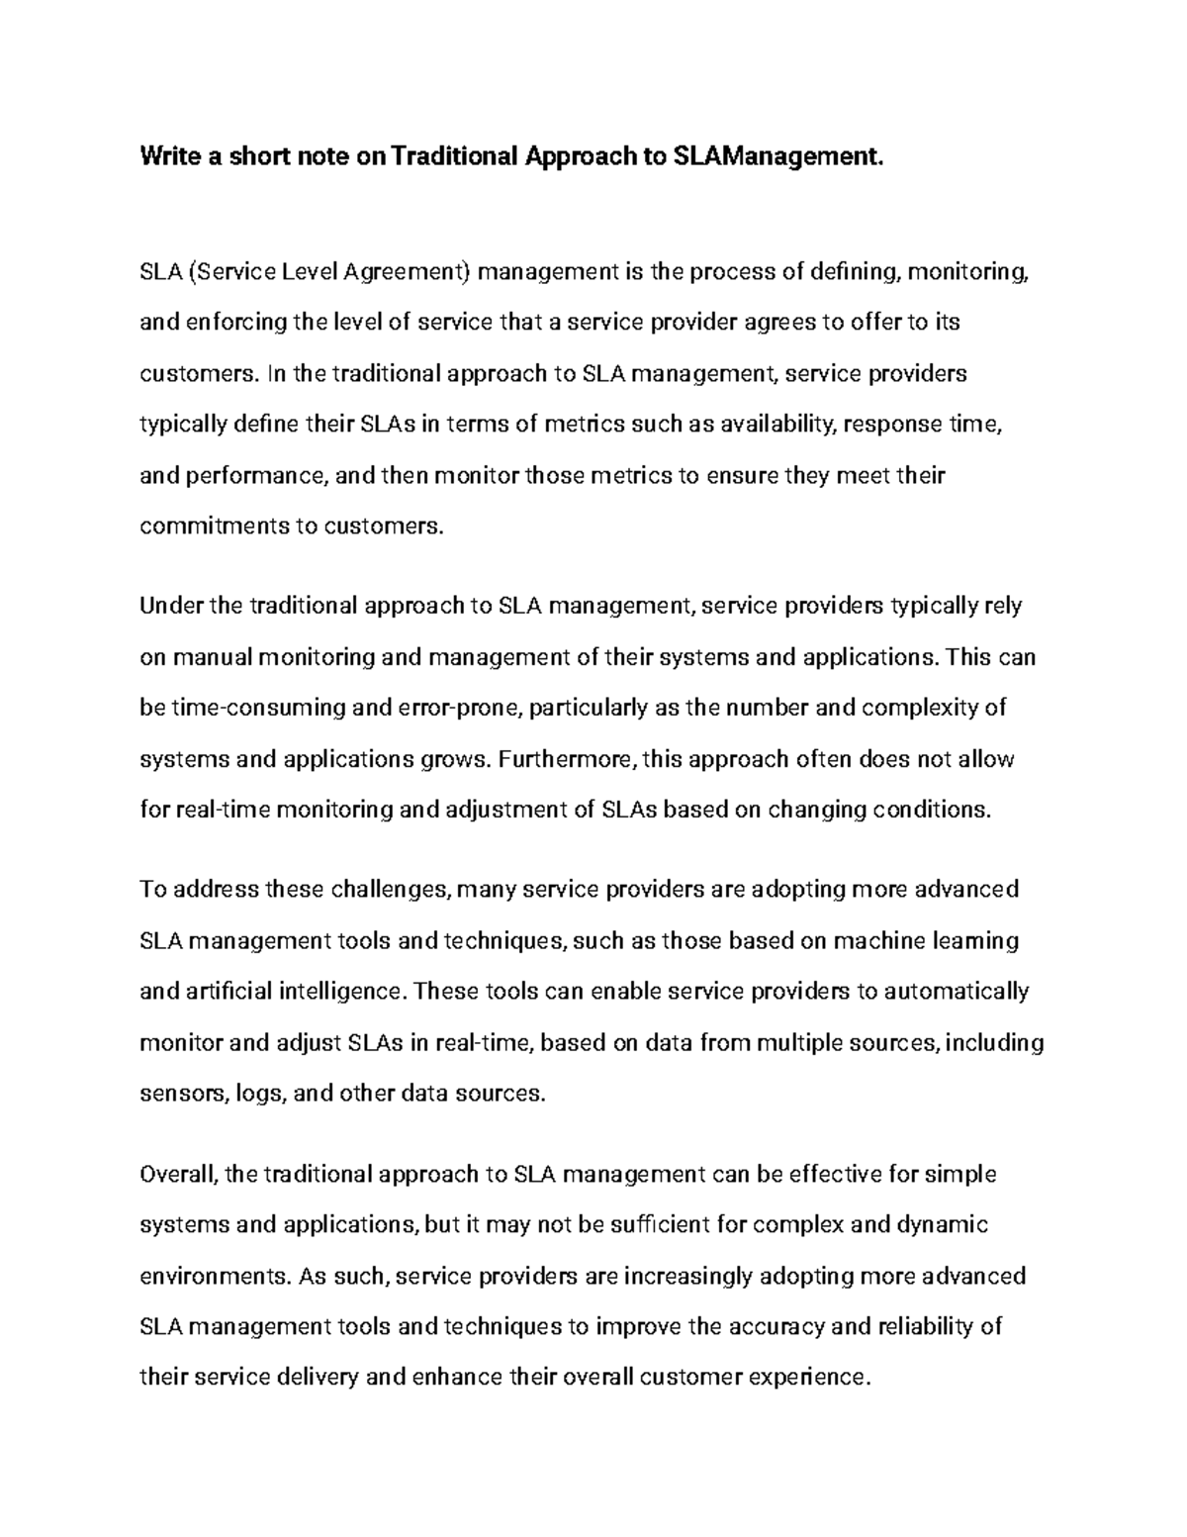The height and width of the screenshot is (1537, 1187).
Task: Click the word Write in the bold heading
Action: click(168, 156)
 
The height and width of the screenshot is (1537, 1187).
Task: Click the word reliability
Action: click(925, 1326)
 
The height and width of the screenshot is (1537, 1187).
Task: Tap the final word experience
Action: click(809, 1377)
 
